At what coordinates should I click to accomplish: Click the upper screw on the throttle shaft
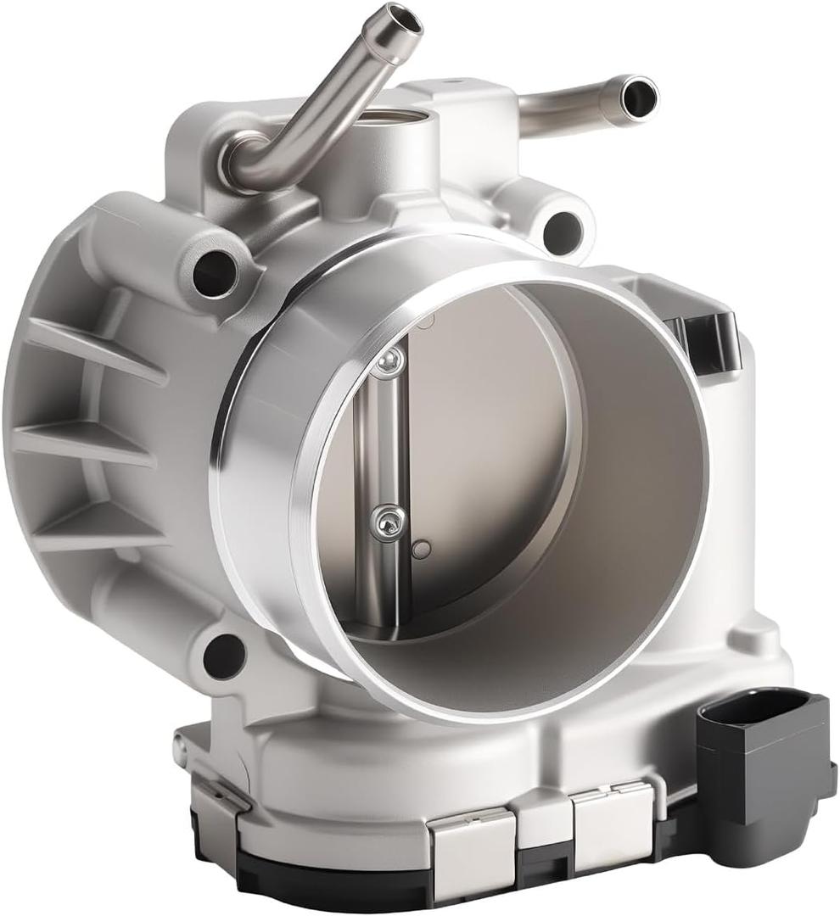point(388,362)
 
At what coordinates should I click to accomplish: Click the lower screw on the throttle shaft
point(388,520)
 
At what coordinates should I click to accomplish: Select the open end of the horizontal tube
point(638,96)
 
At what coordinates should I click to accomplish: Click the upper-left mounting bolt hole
point(215,271)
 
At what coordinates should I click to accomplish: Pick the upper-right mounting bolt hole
point(562,231)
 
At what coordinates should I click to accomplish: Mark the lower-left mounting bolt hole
point(224,655)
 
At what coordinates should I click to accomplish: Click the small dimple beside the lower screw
point(421,549)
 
